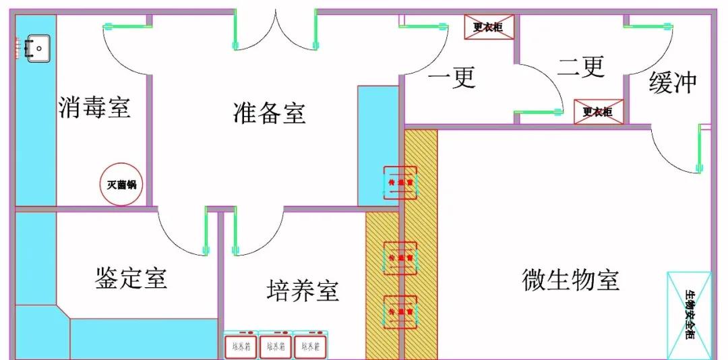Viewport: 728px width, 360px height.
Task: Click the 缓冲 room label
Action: (x=672, y=83)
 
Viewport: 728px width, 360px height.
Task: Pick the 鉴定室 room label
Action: (x=131, y=277)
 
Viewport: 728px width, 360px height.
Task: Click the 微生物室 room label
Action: (x=570, y=278)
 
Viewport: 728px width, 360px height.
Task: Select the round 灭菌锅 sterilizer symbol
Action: (x=122, y=183)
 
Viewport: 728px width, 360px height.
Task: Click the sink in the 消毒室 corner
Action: (x=37, y=48)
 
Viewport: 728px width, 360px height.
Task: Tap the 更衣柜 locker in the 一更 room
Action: (x=489, y=28)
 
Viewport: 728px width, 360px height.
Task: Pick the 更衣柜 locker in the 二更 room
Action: (x=598, y=111)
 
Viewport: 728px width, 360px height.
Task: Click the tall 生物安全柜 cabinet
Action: (x=689, y=314)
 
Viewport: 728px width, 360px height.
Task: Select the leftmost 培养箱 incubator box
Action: (x=241, y=345)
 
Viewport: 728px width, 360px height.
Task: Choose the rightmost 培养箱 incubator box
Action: (x=311, y=345)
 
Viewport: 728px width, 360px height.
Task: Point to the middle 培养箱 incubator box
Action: (x=276, y=345)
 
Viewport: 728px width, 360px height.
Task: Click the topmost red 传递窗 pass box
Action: (x=400, y=183)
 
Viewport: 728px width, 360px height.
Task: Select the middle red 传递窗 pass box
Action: (x=400, y=258)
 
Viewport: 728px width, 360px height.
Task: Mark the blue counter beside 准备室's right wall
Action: (x=379, y=145)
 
